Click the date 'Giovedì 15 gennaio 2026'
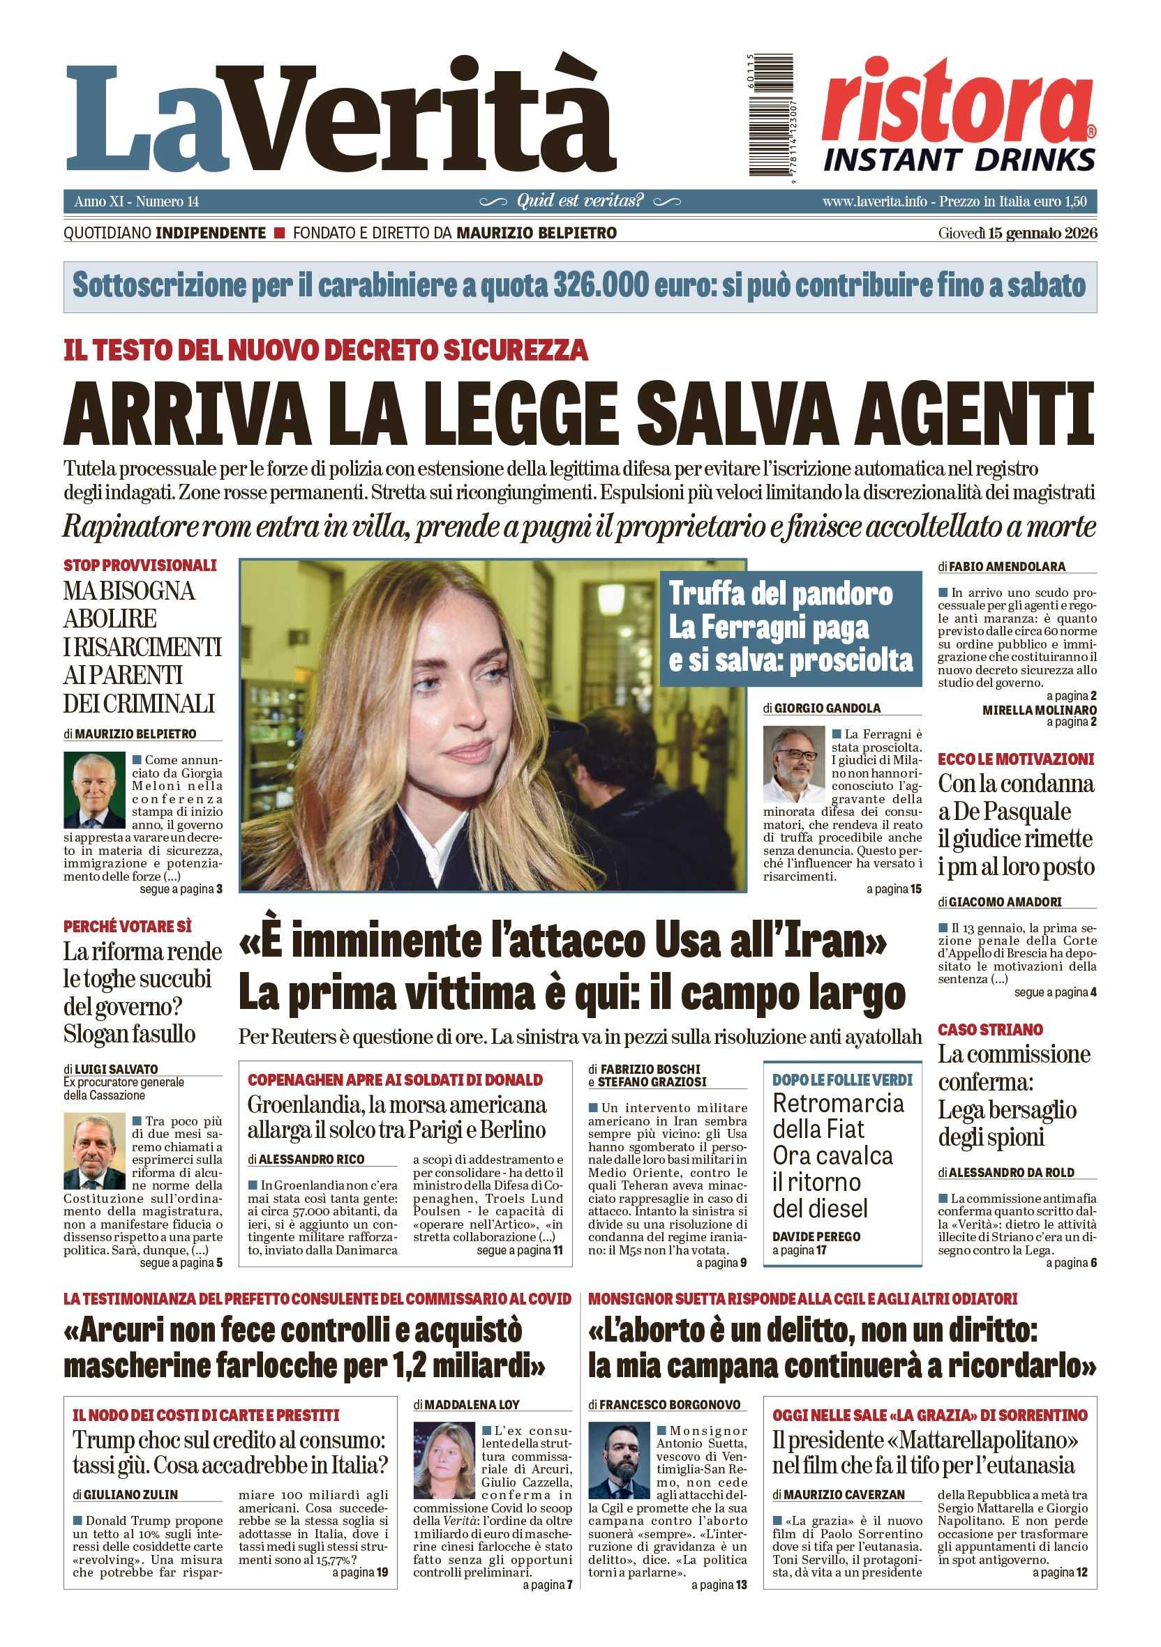click(1017, 233)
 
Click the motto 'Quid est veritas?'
click(580, 201)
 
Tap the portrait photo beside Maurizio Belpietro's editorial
click(94, 790)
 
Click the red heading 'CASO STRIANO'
click(989, 1030)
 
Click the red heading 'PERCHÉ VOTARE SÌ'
click(127, 926)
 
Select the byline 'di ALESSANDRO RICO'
click(306, 1158)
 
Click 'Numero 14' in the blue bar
click(167, 202)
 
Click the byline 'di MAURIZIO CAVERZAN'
click(838, 1494)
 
